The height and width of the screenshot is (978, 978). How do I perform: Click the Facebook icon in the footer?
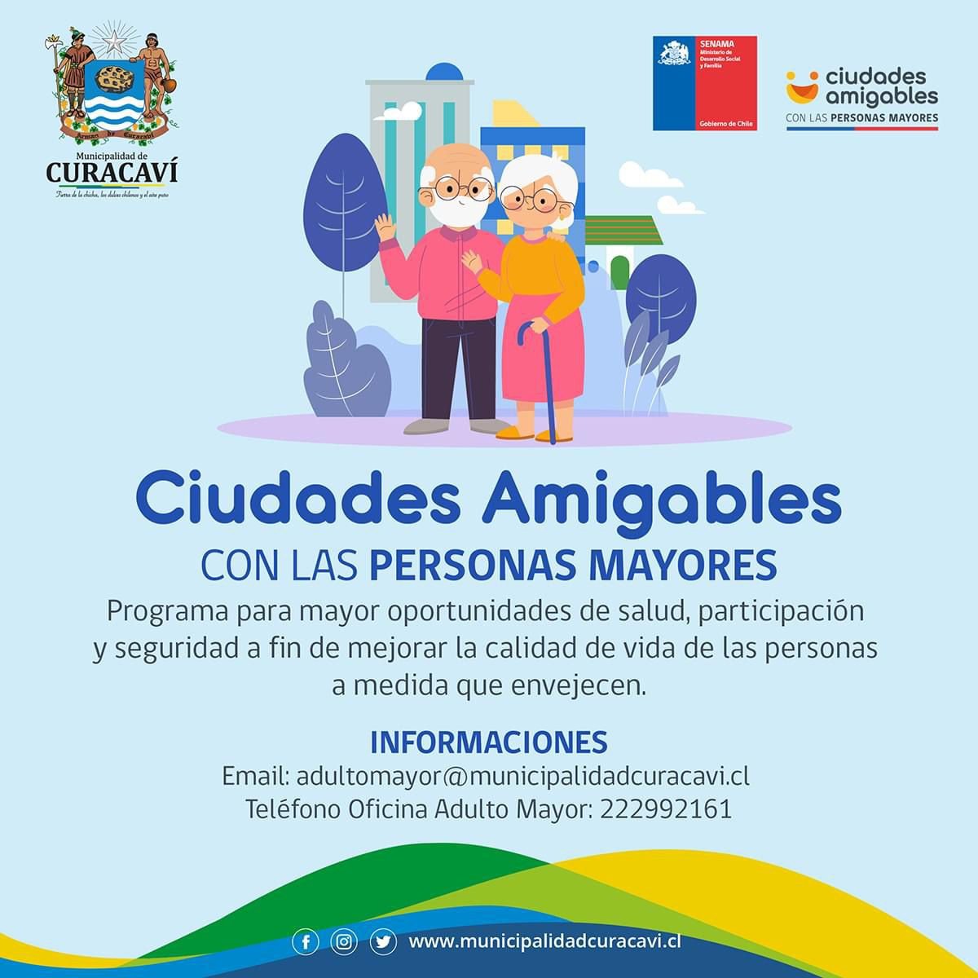(305, 942)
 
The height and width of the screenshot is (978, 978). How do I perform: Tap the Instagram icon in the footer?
(344, 942)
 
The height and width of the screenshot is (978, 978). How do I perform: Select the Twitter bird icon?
(382, 942)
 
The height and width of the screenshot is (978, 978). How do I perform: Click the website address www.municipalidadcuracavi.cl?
(544, 941)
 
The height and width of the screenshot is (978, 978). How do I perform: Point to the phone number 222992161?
(666, 809)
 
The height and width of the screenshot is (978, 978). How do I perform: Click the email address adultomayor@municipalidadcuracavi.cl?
(522, 775)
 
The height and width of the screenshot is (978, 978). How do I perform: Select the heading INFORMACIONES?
(489, 742)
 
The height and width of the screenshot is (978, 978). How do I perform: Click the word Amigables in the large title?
(661, 502)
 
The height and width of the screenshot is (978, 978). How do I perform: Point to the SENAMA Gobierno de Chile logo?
(705, 83)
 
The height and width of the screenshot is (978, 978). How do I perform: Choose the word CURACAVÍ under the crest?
(112, 173)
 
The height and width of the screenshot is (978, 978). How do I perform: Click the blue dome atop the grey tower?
(449, 72)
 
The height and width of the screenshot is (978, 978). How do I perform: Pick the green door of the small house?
(621, 271)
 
